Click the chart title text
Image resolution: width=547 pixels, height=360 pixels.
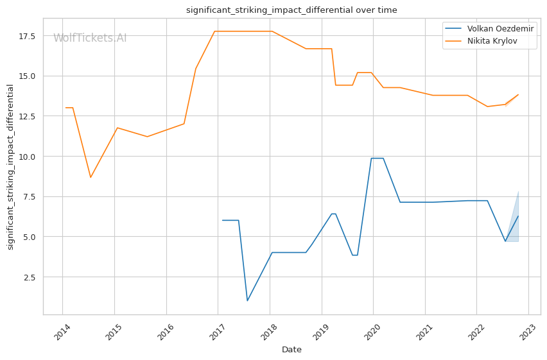[291, 10]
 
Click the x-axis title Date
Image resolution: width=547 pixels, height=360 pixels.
[291, 350]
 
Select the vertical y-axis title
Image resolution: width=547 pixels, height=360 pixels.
[11, 167]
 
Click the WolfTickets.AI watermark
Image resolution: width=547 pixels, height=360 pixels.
[90, 39]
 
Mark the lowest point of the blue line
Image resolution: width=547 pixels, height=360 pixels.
[247, 301]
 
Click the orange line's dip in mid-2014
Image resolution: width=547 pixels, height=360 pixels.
[91, 178]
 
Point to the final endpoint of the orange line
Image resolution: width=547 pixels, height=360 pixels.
[518, 94]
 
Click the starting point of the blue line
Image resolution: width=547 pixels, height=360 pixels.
[223, 220]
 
